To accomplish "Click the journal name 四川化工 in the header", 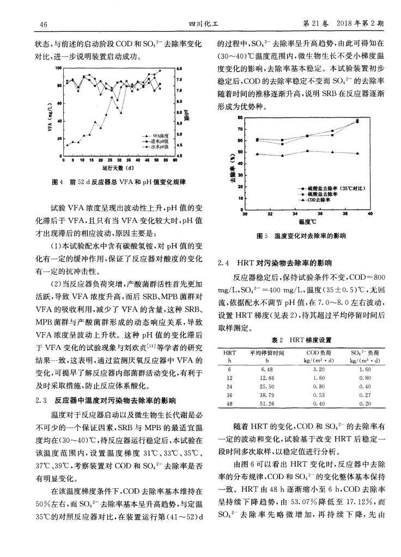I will [x=200, y=25].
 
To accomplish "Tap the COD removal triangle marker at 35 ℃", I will [x=308, y=151].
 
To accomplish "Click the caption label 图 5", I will [x=262, y=236].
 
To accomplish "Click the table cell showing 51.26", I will [x=268, y=403].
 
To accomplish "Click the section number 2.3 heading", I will [x=41, y=401].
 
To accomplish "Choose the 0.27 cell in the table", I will [x=364, y=395].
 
